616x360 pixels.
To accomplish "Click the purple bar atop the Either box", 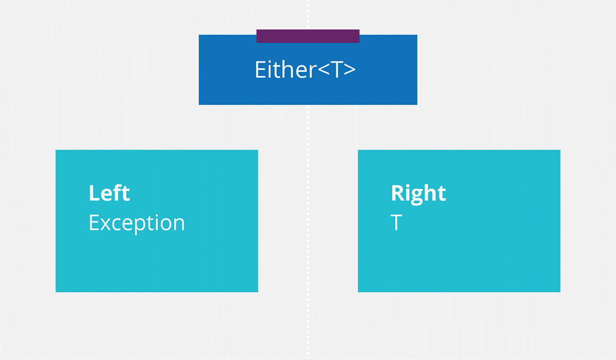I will [x=308, y=36].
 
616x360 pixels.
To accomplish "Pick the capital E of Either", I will [x=260, y=70].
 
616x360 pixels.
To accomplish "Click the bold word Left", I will [x=109, y=193].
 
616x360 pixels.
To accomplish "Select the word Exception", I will [x=137, y=223].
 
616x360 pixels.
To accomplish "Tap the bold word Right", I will [x=418, y=193].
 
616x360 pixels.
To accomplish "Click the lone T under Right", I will [x=396, y=223].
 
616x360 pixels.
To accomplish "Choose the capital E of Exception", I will [x=94, y=223].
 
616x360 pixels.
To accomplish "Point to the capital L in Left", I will [x=93, y=193].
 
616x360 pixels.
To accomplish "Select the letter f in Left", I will [x=119, y=193].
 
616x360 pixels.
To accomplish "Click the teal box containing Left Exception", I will [x=157, y=257].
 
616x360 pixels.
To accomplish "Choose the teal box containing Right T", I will [x=459, y=257].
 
